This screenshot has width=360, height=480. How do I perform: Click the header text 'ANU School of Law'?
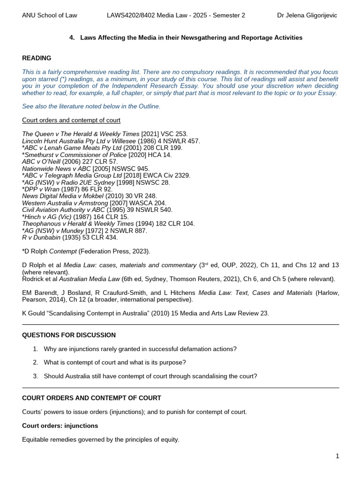[x=50, y=15]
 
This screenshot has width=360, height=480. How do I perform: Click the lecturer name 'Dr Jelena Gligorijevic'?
[x=307, y=15]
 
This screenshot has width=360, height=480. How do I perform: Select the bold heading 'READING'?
[x=37, y=58]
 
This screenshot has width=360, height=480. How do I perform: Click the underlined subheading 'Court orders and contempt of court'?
[x=71, y=120]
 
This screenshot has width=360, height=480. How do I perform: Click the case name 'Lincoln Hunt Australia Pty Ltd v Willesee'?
[x=79, y=141]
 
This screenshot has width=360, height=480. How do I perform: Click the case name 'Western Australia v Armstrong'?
[x=65, y=203]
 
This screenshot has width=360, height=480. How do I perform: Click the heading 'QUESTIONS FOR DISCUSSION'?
[x=69, y=335]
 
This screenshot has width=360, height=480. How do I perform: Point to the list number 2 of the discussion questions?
[x=35, y=362]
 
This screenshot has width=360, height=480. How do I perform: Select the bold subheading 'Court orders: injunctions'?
[x=60, y=426]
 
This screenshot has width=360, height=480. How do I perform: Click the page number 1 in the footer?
[x=337, y=456]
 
